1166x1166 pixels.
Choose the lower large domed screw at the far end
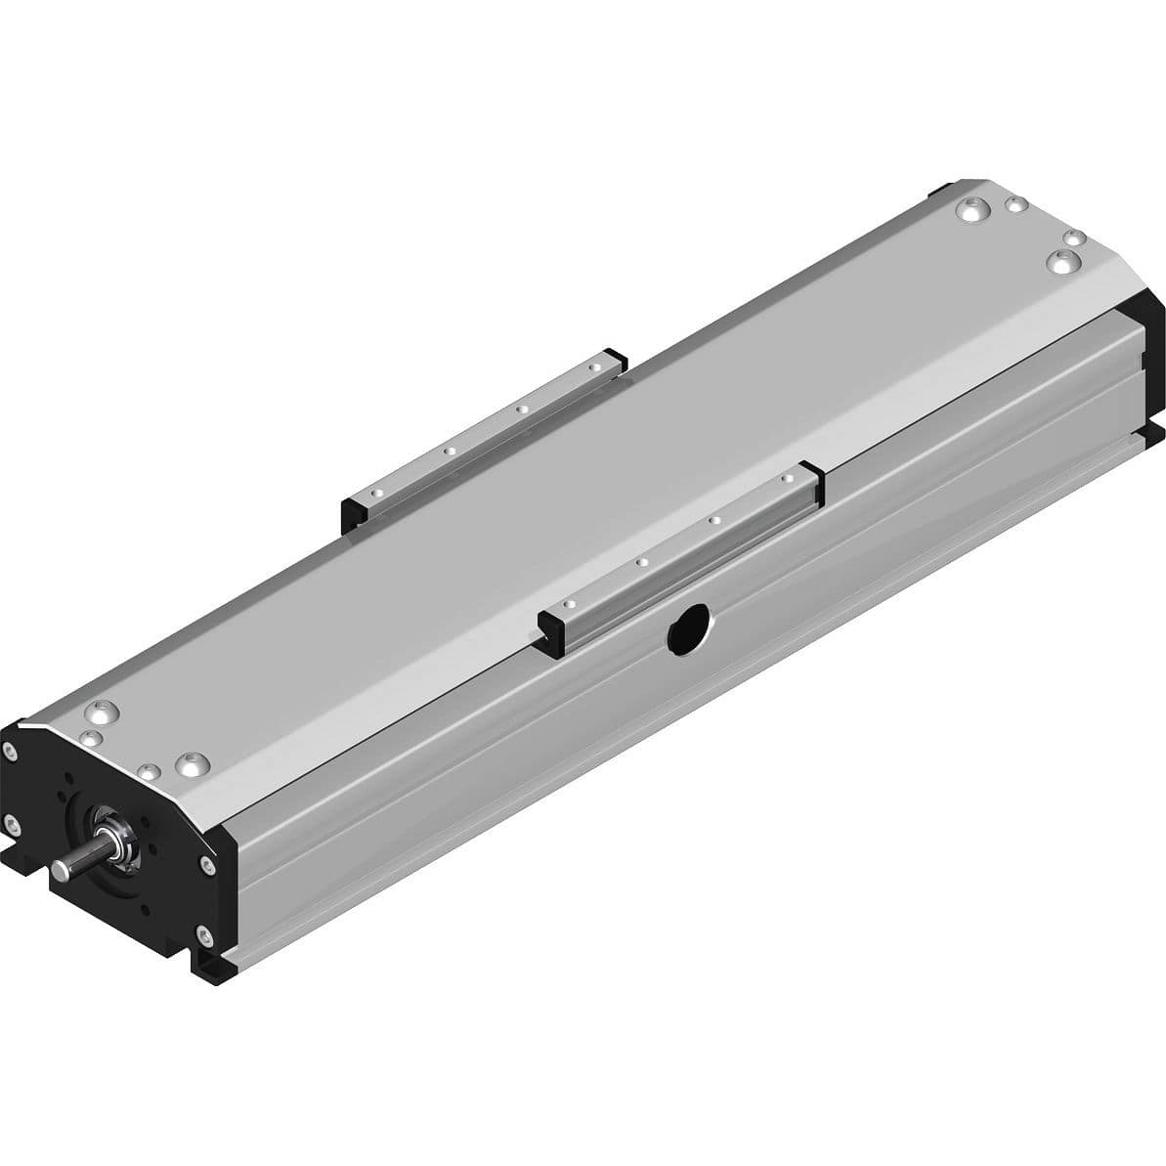(1062, 261)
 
